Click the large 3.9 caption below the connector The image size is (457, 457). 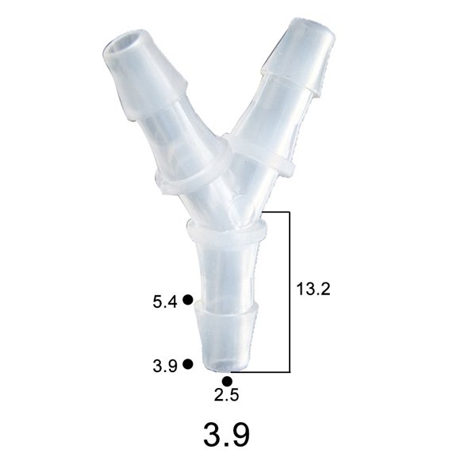tap(227, 434)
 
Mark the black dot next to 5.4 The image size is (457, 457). tap(188, 299)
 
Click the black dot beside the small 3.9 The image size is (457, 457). tap(188, 363)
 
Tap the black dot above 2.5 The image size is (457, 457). tap(228, 381)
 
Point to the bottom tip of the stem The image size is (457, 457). tap(227, 367)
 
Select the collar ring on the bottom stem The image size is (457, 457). tap(226, 231)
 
